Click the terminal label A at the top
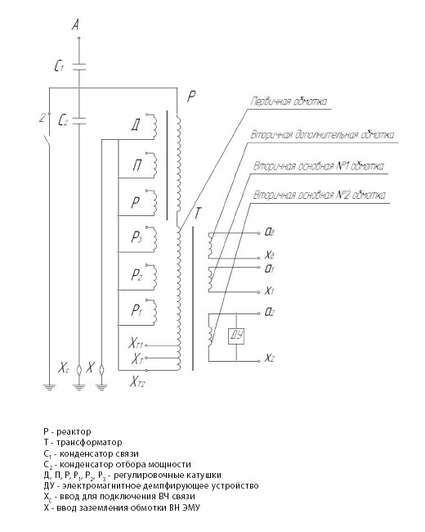(76, 25)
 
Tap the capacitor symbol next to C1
(79, 66)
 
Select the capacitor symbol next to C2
(79, 121)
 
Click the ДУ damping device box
(236, 336)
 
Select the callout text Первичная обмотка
(289, 101)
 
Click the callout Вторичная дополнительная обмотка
(322, 135)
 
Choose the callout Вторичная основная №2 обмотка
(320, 196)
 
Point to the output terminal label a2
(269, 313)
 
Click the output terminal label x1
(269, 291)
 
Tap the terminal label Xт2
(137, 383)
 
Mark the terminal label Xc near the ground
(64, 368)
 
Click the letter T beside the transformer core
(197, 214)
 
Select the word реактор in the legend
(74, 432)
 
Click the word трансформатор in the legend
(89, 443)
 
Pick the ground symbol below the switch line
(50, 387)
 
